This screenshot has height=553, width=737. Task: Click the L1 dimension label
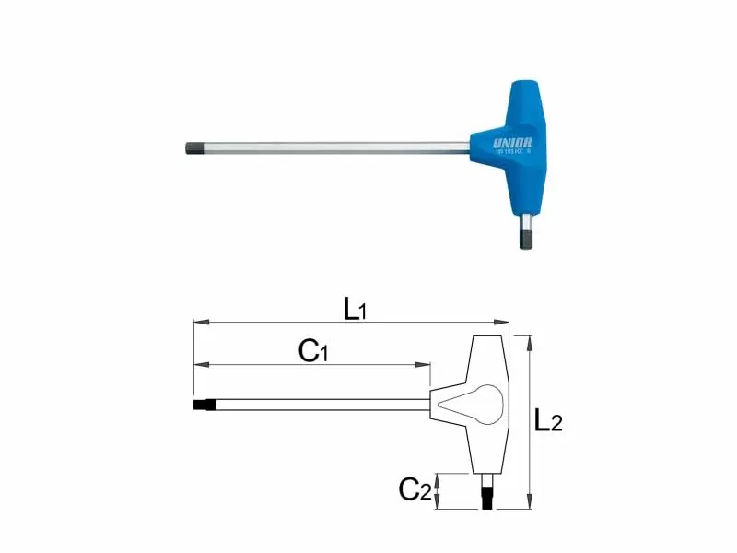pos(355,309)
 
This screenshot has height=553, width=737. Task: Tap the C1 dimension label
pos(313,351)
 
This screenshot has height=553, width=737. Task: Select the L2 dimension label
pos(548,421)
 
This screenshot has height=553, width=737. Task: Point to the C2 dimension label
pos(415,489)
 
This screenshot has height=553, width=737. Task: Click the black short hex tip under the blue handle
pos(524,239)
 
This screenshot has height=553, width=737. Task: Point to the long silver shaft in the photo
pos(332,147)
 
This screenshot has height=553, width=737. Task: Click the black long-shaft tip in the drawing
pos(204,405)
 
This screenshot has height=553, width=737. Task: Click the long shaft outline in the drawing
pos(322,405)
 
